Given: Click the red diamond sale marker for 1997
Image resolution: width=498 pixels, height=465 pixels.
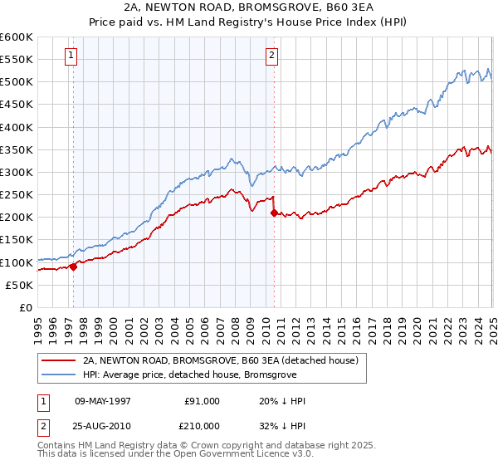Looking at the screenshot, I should click(x=73, y=267).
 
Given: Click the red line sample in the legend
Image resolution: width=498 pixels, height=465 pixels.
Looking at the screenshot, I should click(x=59, y=360).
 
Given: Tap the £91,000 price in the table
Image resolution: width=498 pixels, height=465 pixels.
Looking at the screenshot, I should click(x=203, y=401).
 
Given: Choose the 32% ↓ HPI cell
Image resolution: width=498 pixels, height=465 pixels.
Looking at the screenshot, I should click(x=282, y=426).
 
